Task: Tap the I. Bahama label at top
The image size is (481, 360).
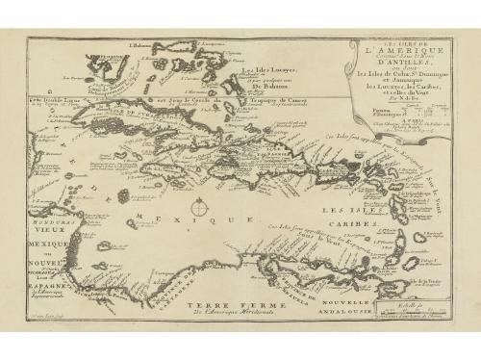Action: [x=145, y=45]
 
